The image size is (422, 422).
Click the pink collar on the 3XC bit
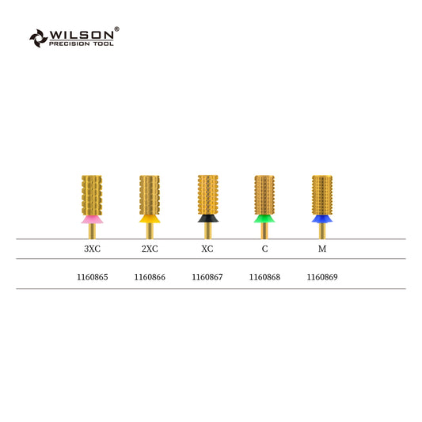[92, 219]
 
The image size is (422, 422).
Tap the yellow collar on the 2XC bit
[150, 219]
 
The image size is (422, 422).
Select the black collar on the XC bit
[207, 219]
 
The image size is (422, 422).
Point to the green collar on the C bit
[264, 219]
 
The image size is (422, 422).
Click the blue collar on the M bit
[322, 219]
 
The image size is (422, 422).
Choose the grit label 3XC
[93, 249]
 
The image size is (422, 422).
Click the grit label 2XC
[150, 249]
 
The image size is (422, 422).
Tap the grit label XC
[207, 249]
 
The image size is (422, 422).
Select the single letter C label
[264, 249]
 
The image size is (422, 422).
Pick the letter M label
[322, 249]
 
